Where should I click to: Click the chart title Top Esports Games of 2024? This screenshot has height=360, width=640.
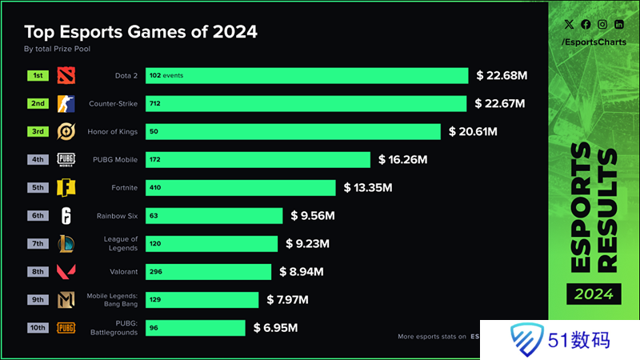coord(141,32)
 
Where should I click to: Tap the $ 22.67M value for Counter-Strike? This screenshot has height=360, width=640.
coord(500,104)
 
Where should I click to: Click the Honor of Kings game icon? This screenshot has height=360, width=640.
coord(66,132)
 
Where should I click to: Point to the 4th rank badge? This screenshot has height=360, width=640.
coord(38,160)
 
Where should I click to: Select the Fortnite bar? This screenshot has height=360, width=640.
coord(240,188)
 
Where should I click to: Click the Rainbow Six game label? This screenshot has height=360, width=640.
coord(117,216)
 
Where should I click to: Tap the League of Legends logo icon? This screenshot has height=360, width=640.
coord(66,244)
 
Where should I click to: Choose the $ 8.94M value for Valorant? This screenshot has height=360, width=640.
coord(302,272)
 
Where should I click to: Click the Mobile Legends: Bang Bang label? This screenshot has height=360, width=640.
coord(113,300)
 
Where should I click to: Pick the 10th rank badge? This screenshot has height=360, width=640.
coord(38,328)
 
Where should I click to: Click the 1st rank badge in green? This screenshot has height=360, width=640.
coord(38,76)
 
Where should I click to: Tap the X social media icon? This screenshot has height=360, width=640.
coord(570,25)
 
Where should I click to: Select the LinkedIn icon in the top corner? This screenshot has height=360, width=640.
coord(619,25)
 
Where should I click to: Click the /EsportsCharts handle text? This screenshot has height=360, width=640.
coord(593,42)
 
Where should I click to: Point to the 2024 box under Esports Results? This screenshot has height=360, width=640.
coord(594,294)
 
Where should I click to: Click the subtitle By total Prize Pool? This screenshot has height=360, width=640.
coord(58,49)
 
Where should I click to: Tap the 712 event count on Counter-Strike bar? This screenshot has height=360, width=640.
coord(155,104)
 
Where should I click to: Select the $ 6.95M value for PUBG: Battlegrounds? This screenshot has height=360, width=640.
coord(276,328)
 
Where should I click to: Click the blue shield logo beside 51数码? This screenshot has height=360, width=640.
coord(523,338)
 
